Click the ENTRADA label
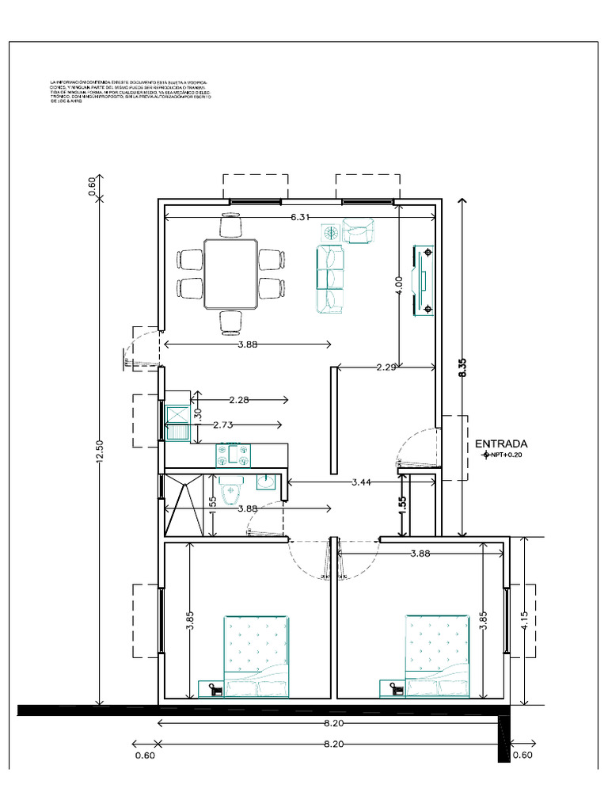pos(501,444)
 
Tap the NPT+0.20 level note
pos(507,455)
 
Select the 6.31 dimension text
pos(300,217)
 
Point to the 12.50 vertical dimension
pos(99,453)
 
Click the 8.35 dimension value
pos(462,369)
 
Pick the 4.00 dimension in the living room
pos(398,284)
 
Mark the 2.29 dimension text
pos(386,367)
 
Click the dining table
pos(230,273)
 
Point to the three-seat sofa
pos(330,278)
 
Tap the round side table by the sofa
pos(330,232)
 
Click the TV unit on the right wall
pos(422,280)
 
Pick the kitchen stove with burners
pos(234,455)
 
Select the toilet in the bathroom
pos(231,493)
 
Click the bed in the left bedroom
pos(256,657)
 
